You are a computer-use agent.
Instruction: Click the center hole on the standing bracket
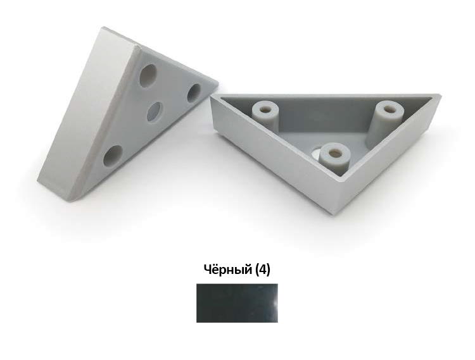click(x=155, y=111)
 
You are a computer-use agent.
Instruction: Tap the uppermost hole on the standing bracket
click(x=148, y=76)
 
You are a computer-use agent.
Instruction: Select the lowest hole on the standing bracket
click(x=113, y=156)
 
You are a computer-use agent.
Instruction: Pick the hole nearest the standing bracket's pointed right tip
click(x=194, y=93)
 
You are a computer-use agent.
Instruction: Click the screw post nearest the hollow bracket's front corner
click(x=335, y=158)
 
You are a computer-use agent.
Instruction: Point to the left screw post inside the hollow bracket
click(x=265, y=115)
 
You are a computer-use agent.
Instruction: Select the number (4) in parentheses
click(x=262, y=270)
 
